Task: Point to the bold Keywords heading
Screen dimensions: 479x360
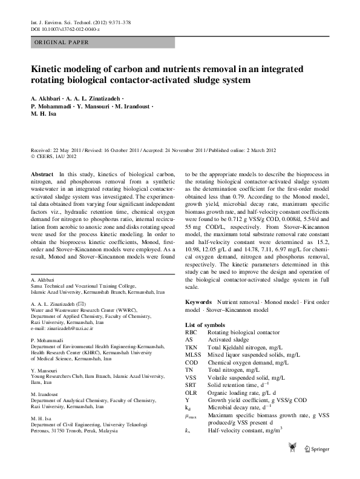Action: [198, 301]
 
